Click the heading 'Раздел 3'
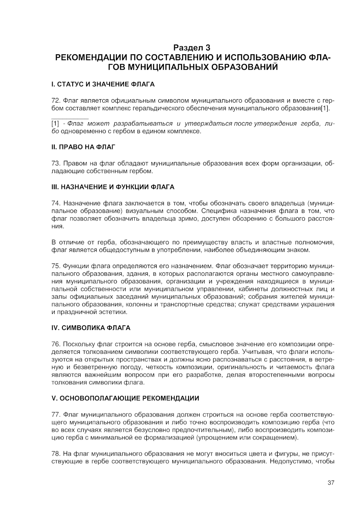coord(192,48)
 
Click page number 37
coord(331,483)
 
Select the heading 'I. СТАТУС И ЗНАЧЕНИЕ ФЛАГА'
coord(103,84)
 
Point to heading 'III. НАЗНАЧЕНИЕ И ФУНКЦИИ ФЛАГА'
coord(112,187)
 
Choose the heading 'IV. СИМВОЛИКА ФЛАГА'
coord(91,327)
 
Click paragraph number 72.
coord(56,101)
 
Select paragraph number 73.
coord(56,163)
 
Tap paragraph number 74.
coord(56,203)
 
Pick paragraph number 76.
coord(56,344)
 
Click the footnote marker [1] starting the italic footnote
coord(55,123)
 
